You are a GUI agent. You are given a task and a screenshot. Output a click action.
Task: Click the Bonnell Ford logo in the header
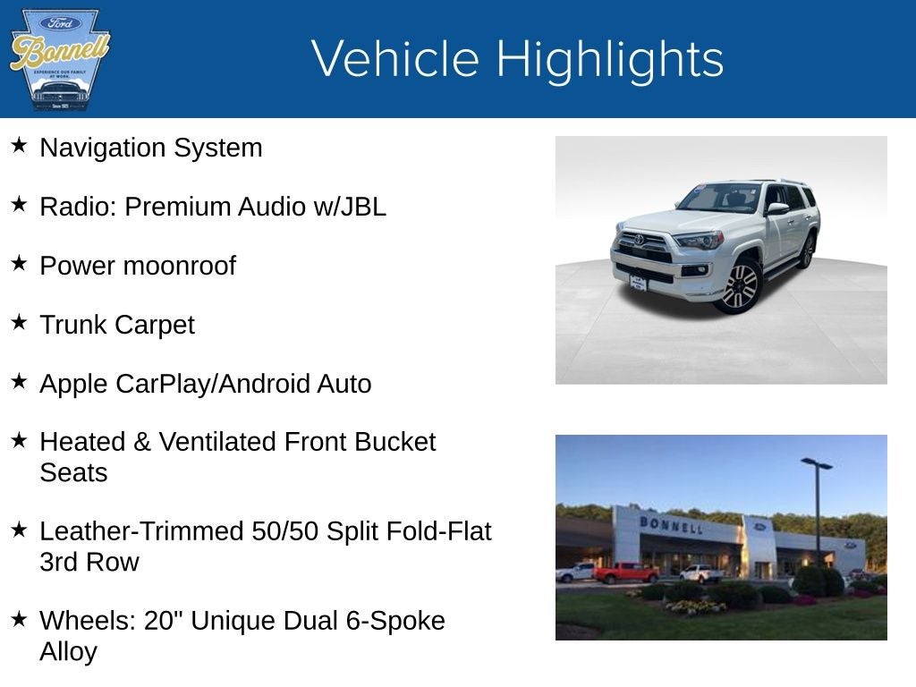point(59,59)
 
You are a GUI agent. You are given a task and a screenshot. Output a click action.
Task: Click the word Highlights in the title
point(609,59)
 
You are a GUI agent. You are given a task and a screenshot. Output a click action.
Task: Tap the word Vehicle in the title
point(395,59)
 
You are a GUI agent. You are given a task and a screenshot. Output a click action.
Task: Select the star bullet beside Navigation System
point(19,145)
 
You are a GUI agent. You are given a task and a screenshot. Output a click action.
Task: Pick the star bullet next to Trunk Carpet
point(19,322)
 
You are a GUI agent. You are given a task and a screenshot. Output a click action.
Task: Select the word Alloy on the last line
point(68,651)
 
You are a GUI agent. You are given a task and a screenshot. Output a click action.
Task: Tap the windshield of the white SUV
point(719,197)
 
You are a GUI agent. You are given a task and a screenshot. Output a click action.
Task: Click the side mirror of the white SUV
point(776,209)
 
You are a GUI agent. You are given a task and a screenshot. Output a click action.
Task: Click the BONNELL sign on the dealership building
point(671,524)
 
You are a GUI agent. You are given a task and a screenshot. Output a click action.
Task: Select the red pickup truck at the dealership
point(625,572)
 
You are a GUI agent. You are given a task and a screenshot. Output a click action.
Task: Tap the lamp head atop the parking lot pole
point(816,463)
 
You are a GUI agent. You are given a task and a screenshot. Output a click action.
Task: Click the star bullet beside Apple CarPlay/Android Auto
point(19,381)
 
